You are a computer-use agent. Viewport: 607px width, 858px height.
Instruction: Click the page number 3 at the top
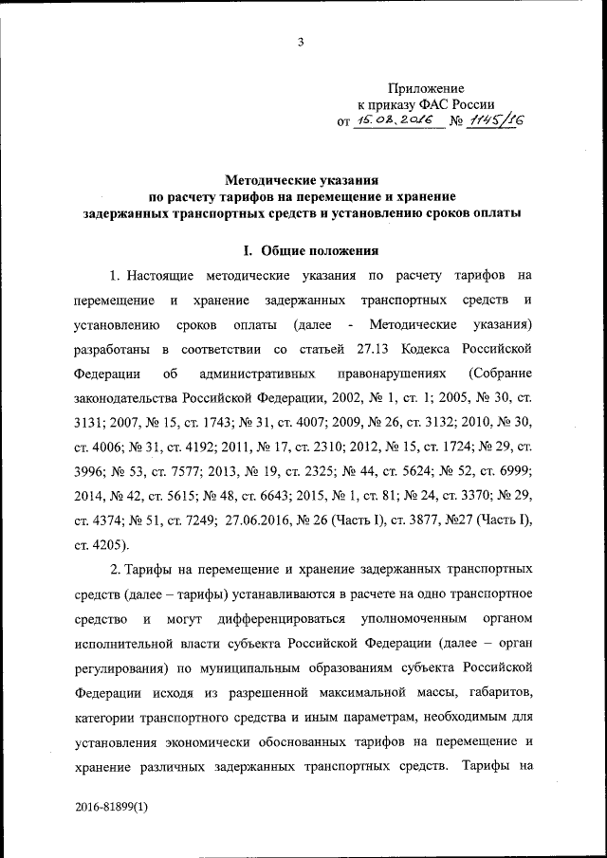point(301,41)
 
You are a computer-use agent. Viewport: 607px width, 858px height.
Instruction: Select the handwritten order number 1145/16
point(495,119)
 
